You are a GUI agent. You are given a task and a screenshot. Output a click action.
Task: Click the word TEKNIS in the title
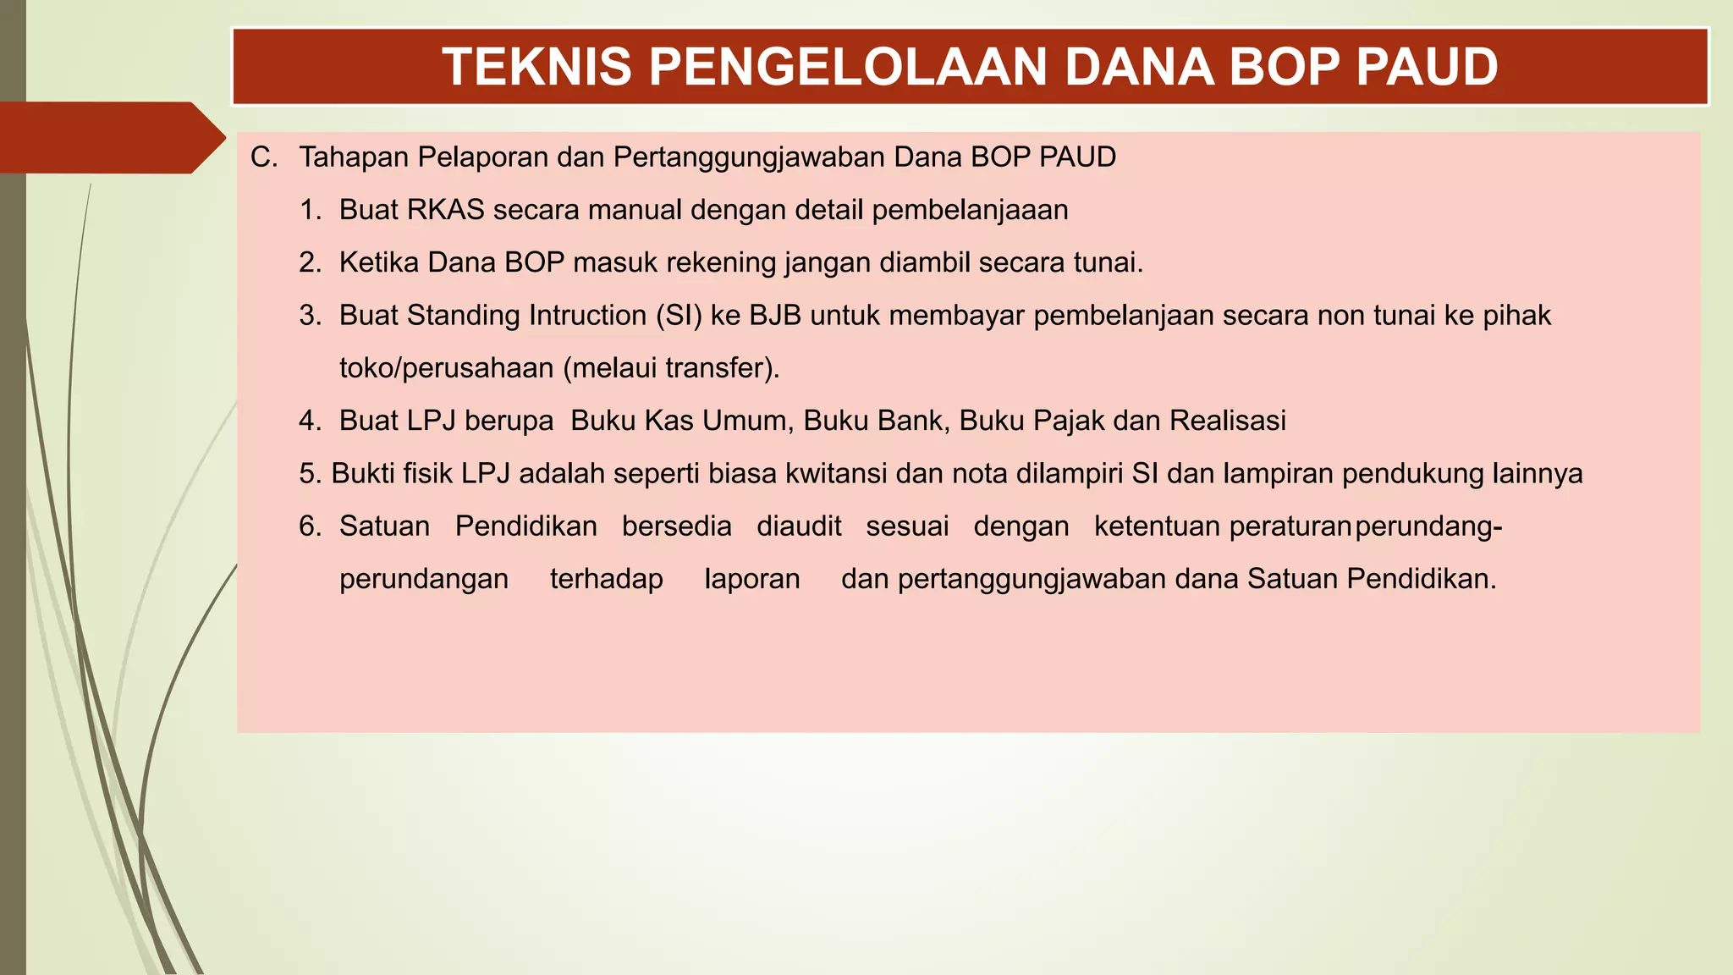(x=536, y=67)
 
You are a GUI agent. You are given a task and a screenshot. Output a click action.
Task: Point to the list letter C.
(x=263, y=157)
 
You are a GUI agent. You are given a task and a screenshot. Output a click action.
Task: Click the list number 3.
(x=310, y=316)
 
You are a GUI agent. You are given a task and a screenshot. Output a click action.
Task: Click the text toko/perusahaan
(x=446, y=368)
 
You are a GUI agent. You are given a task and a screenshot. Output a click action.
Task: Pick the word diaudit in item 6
(x=799, y=526)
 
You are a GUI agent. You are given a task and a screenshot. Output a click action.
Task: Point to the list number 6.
(x=310, y=526)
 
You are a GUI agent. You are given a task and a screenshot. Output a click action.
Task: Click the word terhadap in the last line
(x=606, y=579)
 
